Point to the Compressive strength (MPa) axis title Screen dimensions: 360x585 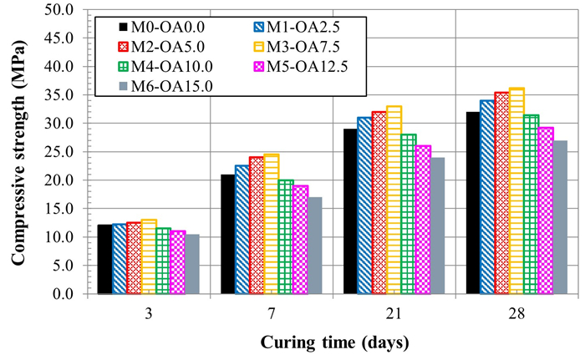pyautogui.click(x=17, y=152)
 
